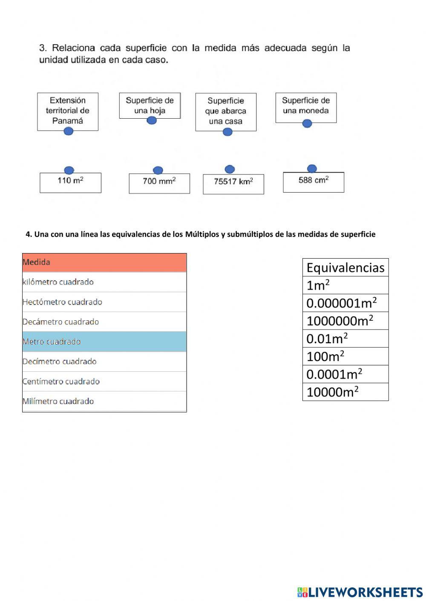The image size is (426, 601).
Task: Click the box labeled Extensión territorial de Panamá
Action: (68, 111)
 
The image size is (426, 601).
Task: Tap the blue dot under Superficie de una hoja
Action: (152, 120)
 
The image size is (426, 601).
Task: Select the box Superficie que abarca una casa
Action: (226, 111)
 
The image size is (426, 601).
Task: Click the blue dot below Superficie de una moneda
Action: (307, 123)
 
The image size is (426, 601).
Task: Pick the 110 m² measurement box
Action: (70, 182)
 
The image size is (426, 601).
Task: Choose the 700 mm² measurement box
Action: (159, 183)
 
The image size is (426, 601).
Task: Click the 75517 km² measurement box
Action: (233, 184)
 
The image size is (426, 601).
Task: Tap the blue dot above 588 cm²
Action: (312, 168)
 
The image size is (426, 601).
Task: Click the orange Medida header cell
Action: (104, 262)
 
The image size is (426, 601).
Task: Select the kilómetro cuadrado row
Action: (104, 282)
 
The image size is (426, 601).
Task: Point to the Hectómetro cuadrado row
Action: (104, 302)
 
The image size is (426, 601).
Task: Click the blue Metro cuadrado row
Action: (104, 342)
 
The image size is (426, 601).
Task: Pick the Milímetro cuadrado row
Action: (104, 401)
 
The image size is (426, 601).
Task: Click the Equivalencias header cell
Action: (345, 268)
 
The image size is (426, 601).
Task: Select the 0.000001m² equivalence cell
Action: (345, 303)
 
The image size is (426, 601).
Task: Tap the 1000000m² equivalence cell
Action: (345, 321)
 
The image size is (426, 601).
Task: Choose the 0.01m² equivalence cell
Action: (345, 339)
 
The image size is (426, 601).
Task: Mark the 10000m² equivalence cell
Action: (345, 392)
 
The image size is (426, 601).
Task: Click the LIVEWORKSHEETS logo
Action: (360, 592)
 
